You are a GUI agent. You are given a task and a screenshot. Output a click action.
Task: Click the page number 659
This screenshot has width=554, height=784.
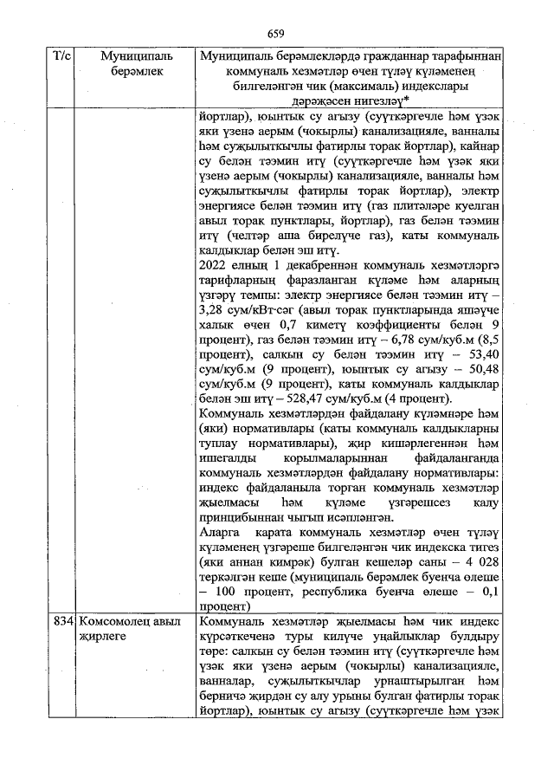coord(276,34)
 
